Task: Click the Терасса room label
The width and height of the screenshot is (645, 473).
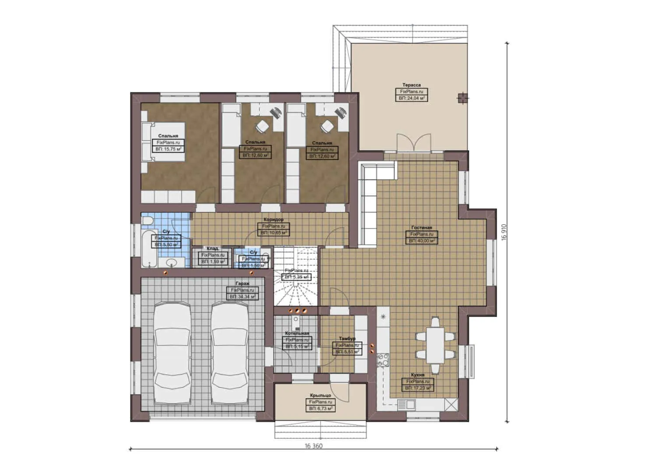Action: tap(412, 85)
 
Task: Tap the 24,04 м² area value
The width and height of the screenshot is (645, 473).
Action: tap(412, 99)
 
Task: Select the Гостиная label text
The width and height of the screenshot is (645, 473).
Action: tap(422, 228)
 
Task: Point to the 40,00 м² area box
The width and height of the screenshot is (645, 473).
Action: tap(422, 241)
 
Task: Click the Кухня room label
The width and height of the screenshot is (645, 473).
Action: tap(417, 375)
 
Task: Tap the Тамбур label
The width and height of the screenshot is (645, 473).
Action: tap(347, 339)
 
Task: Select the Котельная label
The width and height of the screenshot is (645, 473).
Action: tap(297, 333)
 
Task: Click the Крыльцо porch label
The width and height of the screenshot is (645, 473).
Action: tap(320, 395)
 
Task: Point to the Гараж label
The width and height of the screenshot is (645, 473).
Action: tap(242, 284)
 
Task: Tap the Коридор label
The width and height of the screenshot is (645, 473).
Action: tap(273, 220)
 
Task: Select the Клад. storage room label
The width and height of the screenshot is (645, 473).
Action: tap(213, 249)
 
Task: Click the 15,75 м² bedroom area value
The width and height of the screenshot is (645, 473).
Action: tap(168, 149)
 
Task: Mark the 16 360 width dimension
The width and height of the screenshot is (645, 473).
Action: tap(314, 446)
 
